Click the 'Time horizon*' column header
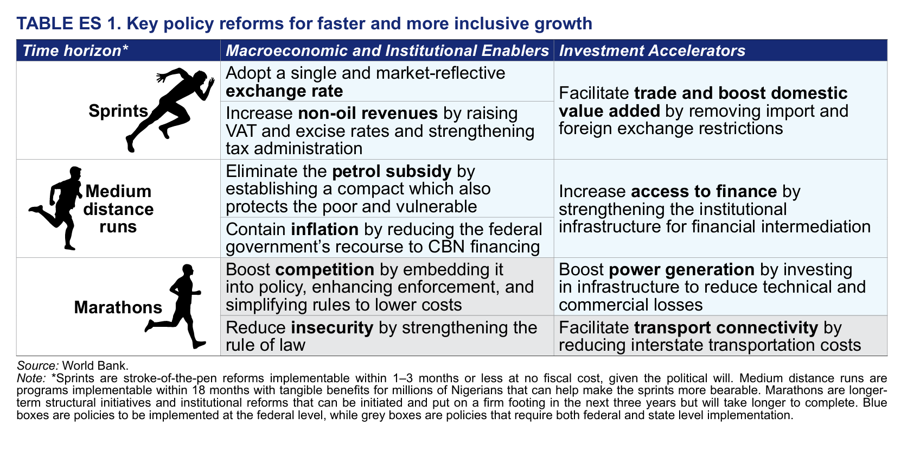pyautogui.click(x=75, y=50)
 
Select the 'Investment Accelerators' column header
pyautogui.click(x=652, y=50)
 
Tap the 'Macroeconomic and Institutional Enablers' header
pyautogui.click(x=387, y=50)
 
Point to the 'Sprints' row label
pyautogui.click(x=118, y=111)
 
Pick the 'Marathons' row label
pyautogui.click(x=118, y=307)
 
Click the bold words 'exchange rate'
pyautogui.click(x=284, y=91)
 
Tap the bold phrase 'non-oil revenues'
pyautogui.click(x=368, y=113)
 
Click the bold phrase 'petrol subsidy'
pyautogui.click(x=392, y=172)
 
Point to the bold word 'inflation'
pyautogui.click(x=325, y=229)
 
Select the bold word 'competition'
pyautogui.click(x=325, y=270)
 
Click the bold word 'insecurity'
pyautogui.click(x=333, y=328)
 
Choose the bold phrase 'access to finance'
pyautogui.click(x=704, y=192)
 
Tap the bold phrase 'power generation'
pyautogui.click(x=682, y=270)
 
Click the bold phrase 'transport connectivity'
pyautogui.click(x=726, y=328)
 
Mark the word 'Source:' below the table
pyautogui.click(x=38, y=365)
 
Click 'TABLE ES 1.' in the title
pyautogui.click(x=69, y=23)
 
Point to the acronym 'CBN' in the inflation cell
pyautogui.click(x=446, y=246)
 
